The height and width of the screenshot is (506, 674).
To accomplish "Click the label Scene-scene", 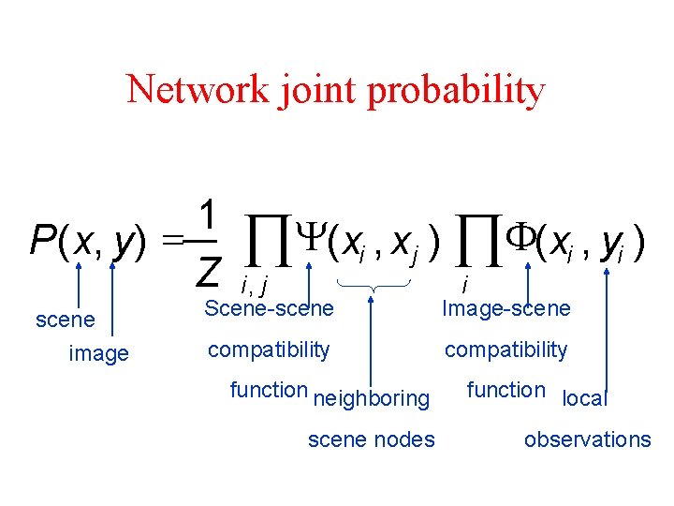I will point(268,307).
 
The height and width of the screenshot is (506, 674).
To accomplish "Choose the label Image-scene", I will point(505,307).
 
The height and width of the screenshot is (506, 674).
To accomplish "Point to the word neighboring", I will point(371,398).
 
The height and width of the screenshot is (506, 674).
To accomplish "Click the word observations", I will point(587,439).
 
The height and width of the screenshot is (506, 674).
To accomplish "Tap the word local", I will point(585,398).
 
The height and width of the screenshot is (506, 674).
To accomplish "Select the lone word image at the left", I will point(99,353).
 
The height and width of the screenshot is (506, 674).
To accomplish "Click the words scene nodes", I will point(371,439).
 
